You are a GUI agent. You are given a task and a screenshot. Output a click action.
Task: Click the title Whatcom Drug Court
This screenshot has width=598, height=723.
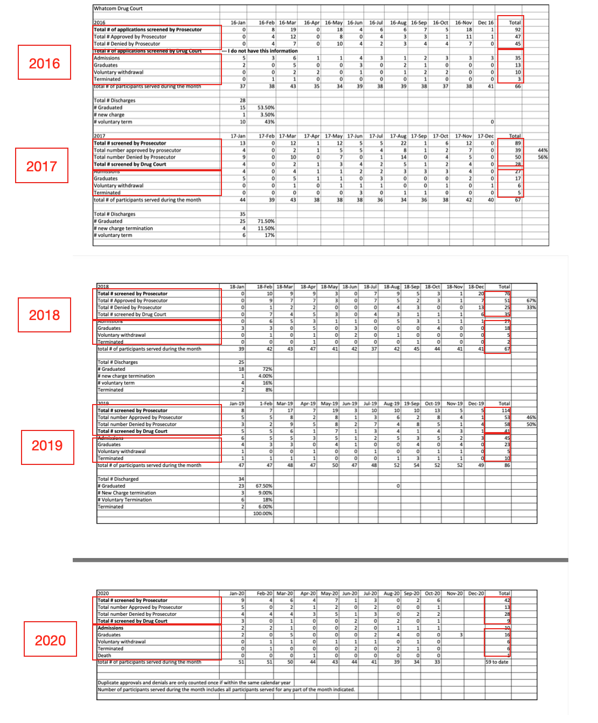(x=118, y=9)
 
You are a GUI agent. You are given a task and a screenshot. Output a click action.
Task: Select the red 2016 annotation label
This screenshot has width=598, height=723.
(x=45, y=64)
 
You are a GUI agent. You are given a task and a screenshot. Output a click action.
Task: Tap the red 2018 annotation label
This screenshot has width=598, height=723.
(x=45, y=315)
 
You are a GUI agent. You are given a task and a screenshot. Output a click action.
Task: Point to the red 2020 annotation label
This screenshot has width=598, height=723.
(x=51, y=641)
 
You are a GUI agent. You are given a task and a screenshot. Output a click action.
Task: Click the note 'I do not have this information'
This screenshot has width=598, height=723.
(x=262, y=51)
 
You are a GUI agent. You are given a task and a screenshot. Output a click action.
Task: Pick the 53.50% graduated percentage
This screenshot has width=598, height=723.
(x=266, y=108)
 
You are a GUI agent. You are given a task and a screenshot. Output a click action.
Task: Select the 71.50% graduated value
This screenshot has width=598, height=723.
(x=266, y=221)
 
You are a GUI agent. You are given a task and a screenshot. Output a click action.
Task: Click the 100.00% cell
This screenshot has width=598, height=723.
(x=263, y=514)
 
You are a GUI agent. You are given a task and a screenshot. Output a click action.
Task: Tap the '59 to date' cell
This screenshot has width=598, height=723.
(x=497, y=662)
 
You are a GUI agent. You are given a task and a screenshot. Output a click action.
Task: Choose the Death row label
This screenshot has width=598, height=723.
(x=105, y=656)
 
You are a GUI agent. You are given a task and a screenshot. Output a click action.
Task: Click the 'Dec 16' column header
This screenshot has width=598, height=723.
(x=486, y=23)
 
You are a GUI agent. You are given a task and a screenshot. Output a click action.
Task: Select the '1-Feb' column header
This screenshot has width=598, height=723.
(x=266, y=404)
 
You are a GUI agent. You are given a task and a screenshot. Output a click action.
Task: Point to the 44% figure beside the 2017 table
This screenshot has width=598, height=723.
(x=543, y=150)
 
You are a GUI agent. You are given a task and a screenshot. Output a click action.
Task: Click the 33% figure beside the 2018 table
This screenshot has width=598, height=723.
(x=531, y=308)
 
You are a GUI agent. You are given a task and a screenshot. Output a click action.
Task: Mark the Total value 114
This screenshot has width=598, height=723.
(x=505, y=411)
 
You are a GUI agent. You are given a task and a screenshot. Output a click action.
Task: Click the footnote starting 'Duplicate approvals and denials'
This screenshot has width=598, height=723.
(x=194, y=683)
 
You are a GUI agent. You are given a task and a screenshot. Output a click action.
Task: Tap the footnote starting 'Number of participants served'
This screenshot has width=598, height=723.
(x=226, y=690)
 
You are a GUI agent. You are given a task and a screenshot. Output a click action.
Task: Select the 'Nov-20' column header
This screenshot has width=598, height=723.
(x=455, y=593)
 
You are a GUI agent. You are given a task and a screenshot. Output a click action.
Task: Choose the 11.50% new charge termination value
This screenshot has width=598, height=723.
(x=266, y=228)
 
